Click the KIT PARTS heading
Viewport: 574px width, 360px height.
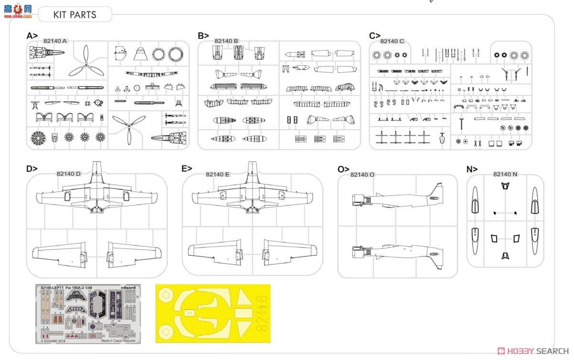pyautogui.click(x=75, y=14)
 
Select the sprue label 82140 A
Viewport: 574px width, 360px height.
pyautogui.click(x=55, y=41)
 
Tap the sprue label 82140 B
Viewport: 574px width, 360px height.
pyautogui.click(x=226, y=41)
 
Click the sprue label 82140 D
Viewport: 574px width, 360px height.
pyautogui.click(x=68, y=174)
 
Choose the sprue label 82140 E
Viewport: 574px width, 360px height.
pyautogui.click(x=218, y=174)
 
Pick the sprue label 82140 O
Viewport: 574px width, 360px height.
pyautogui.click(x=362, y=175)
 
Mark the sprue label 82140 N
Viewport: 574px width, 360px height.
pyautogui.click(x=505, y=174)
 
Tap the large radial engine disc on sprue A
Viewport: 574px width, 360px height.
pyautogui.click(x=38, y=138)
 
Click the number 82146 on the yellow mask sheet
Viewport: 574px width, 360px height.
pyautogui.click(x=261, y=313)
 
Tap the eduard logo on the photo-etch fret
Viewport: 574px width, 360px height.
pyautogui.click(x=128, y=288)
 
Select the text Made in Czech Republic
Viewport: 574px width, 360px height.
pyautogui.click(x=118, y=340)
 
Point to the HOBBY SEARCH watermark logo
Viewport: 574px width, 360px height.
pyautogui.click(x=526, y=351)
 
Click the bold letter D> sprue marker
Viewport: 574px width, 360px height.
pyautogui.click(x=32, y=168)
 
